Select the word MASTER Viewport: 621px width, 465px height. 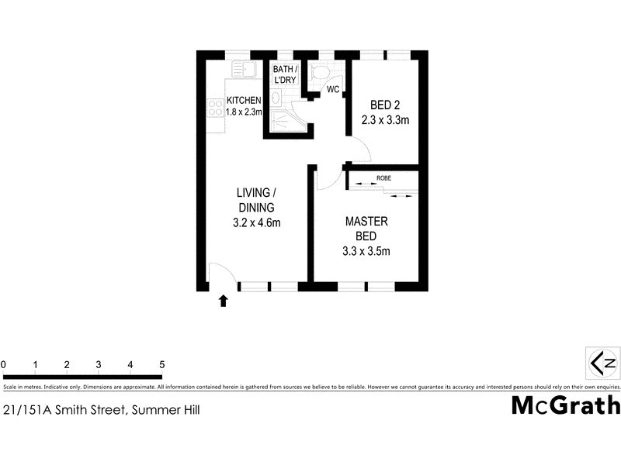[366, 221]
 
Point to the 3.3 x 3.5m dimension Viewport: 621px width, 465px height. [366, 250]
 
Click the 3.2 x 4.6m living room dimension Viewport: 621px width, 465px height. [256, 223]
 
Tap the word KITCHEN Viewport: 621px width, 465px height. [245, 100]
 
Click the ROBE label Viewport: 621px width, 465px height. [383, 178]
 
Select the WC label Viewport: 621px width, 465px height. [332, 90]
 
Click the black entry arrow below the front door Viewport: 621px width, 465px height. [224, 301]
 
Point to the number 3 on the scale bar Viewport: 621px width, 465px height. [99, 364]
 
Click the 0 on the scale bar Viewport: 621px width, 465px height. [4, 364]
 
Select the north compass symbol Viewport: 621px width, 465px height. [603, 362]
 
